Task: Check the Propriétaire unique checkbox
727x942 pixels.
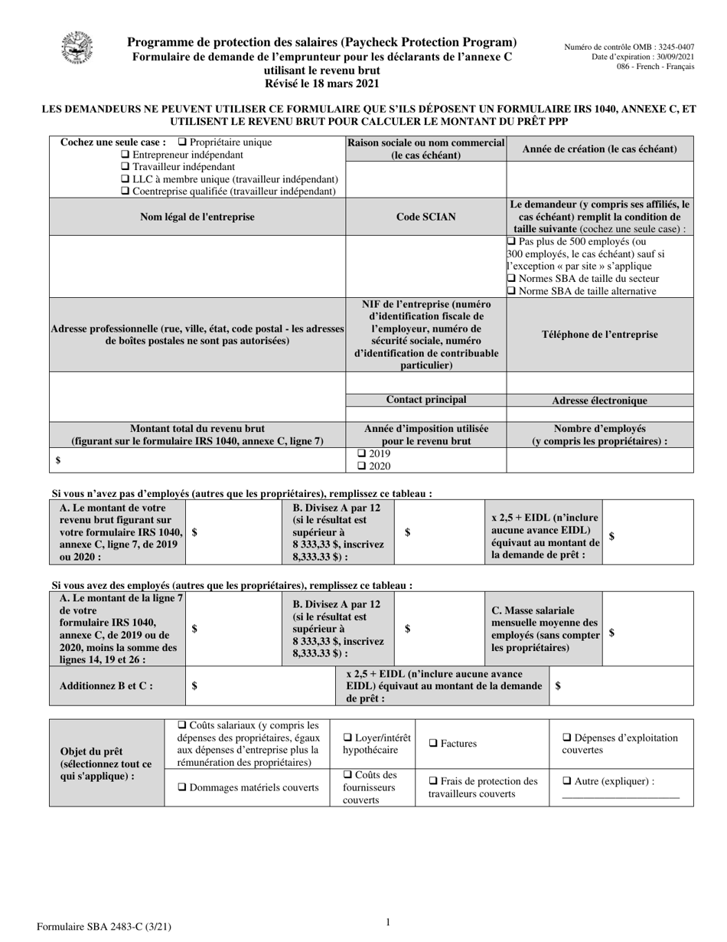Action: (x=182, y=142)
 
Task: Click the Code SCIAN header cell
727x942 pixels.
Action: (x=426, y=218)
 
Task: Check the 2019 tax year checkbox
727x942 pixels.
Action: (x=362, y=453)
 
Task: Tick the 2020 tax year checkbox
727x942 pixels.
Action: (x=362, y=466)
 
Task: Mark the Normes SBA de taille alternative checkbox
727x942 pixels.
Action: (x=512, y=291)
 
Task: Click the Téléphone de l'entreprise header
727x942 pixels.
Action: (x=599, y=335)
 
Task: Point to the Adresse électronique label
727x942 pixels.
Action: (x=599, y=401)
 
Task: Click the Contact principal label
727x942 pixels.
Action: (x=426, y=400)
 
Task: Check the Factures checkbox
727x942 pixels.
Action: (x=433, y=744)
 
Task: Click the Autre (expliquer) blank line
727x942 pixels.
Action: (x=620, y=796)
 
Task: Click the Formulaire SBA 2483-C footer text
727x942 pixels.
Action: (x=104, y=927)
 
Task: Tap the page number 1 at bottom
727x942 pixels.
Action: (x=388, y=923)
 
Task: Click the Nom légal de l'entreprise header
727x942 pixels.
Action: (x=197, y=218)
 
